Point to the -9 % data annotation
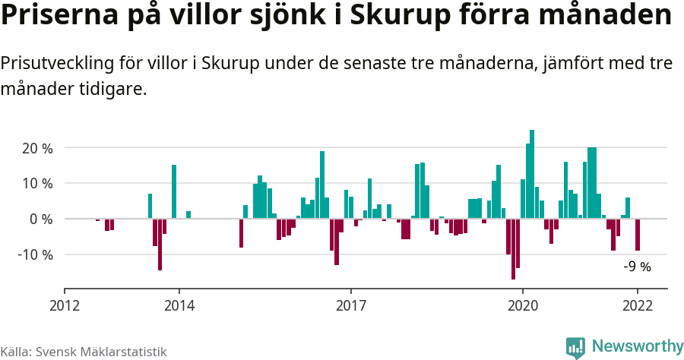click(637, 267)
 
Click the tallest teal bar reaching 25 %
click(532, 175)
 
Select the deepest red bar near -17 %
click(513, 249)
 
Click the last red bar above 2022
click(638, 235)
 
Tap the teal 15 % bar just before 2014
click(174, 192)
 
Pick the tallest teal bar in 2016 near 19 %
click(322, 185)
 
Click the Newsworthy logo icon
click(575, 347)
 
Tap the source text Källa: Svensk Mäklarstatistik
click(83, 352)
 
